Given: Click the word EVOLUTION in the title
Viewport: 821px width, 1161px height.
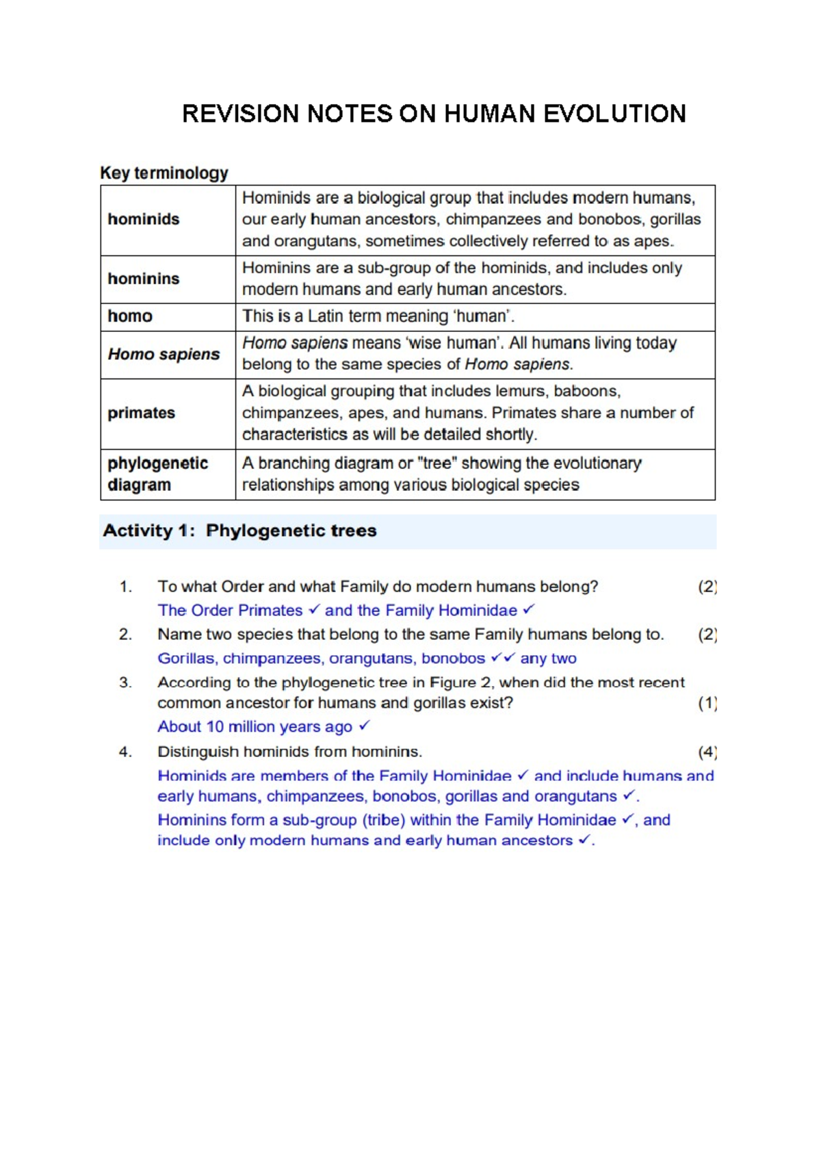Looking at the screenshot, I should click(x=614, y=114).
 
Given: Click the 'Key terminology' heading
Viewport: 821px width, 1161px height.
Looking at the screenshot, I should click(x=164, y=173).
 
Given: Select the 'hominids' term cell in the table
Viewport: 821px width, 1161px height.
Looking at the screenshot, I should click(x=144, y=220).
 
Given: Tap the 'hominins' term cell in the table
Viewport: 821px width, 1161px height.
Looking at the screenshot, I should click(x=144, y=279).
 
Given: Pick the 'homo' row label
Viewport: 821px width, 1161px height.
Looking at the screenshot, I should click(x=130, y=316).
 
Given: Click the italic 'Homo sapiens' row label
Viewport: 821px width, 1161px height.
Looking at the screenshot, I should click(x=164, y=355).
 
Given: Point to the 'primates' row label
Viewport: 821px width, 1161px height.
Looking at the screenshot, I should click(x=141, y=413).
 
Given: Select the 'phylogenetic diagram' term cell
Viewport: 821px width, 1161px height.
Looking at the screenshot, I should click(x=157, y=474).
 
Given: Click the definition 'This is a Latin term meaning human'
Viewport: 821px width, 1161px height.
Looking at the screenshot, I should click(x=378, y=316).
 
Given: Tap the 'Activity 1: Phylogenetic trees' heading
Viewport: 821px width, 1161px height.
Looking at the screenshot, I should click(x=239, y=531).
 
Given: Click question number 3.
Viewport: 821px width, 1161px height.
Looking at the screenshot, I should click(x=125, y=682).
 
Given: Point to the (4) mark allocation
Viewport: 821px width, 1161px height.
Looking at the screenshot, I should click(x=707, y=752).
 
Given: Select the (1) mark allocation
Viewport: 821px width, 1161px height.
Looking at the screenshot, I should click(x=707, y=703).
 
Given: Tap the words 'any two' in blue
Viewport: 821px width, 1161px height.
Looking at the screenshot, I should click(x=548, y=659).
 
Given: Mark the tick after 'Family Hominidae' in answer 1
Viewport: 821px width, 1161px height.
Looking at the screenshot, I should click(x=528, y=609).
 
